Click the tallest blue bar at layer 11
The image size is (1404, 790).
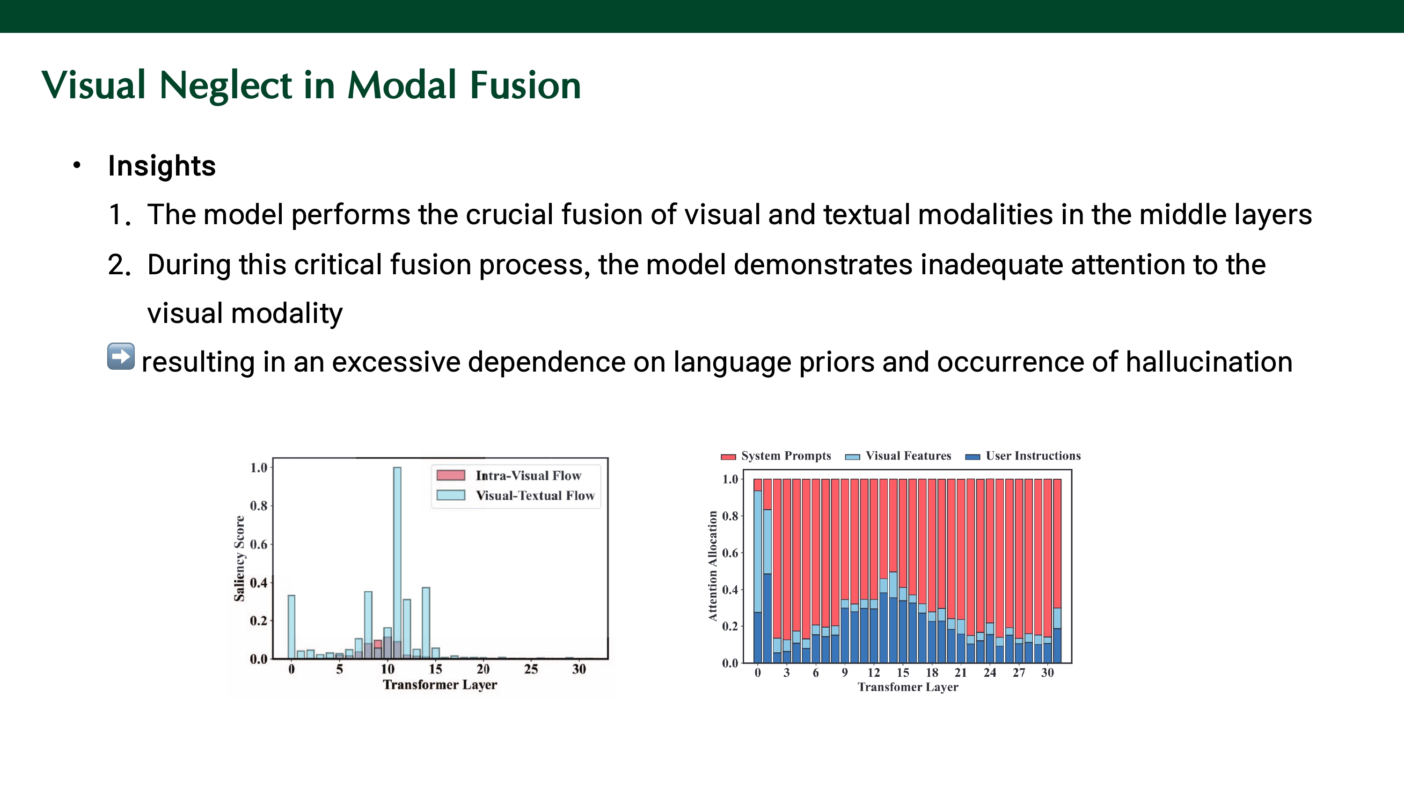(397, 563)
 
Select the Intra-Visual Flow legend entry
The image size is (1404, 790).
(509, 475)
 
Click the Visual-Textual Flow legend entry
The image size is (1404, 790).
(516, 495)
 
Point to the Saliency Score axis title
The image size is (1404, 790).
(239, 558)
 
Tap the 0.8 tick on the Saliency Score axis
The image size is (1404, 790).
(258, 506)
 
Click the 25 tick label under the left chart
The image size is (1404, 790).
(531, 669)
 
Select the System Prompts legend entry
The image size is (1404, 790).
(775, 456)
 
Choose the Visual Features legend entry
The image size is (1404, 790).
(898, 456)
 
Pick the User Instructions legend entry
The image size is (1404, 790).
(1023, 456)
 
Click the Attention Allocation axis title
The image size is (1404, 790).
(712, 566)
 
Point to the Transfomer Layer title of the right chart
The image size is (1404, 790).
(908, 687)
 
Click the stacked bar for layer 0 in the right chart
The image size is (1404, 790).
(758, 571)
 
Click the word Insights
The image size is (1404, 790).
(162, 166)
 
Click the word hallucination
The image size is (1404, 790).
(1209, 362)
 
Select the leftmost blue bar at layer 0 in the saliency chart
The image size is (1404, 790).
(292, 627)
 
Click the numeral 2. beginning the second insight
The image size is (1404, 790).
(120, 265)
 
